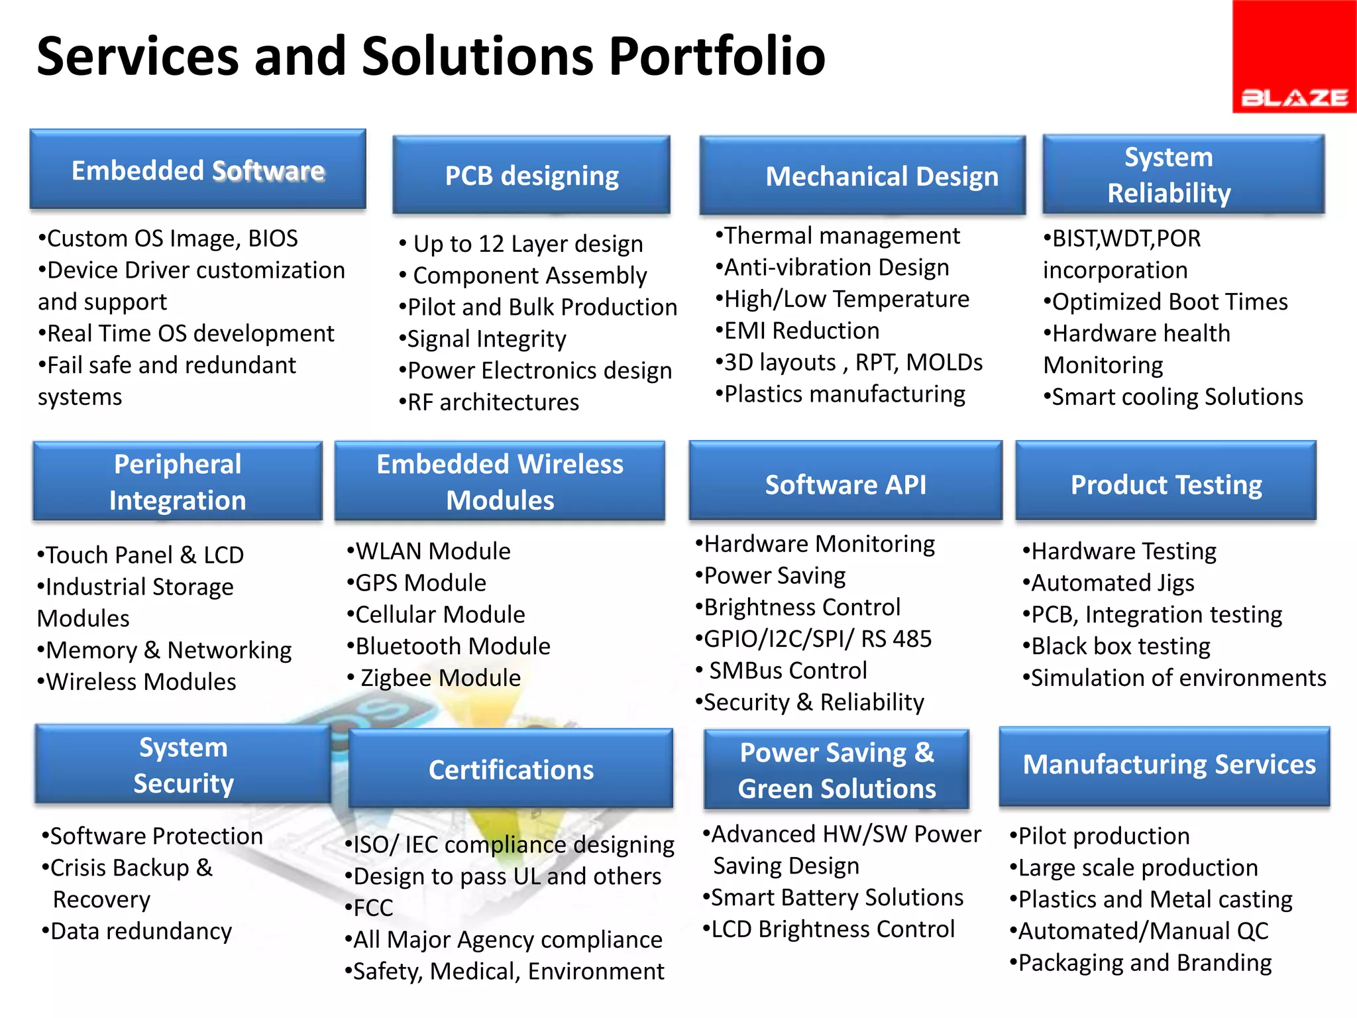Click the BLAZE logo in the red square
[x=1294, y=97]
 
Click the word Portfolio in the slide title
[x=716, y=57]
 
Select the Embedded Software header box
[x=197, y=170]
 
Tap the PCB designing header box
[x=531, y=176]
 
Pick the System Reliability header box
[x=1183, y=175]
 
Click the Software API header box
[x=845, y=484]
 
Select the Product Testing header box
[x=1166, y=484]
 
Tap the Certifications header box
[x=511, y=769]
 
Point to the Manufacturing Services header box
[x=1165, y=765]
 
